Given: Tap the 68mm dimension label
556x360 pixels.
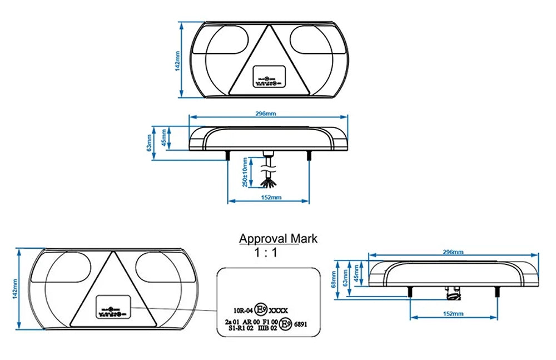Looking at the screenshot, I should [333, 278].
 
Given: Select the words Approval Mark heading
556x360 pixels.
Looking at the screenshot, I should [278, 239].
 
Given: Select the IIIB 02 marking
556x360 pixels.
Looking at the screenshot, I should [268, 329].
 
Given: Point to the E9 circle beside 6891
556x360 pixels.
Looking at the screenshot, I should [286, 323].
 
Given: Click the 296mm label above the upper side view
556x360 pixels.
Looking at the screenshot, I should [266, 114].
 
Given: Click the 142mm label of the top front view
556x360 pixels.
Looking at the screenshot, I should [177, 60].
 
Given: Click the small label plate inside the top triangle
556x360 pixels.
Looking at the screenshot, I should [269, 76].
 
